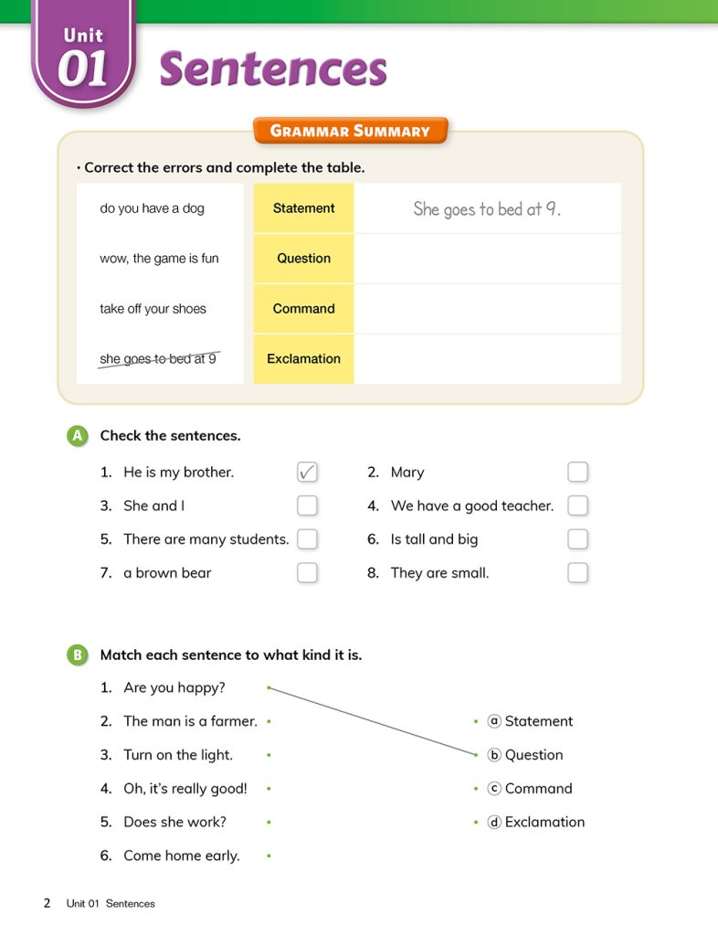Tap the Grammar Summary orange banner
pos(350,131)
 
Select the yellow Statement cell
pos(303,208)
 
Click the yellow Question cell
pos(303,259)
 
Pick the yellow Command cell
pos(303,309)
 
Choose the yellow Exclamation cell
pos(303,359)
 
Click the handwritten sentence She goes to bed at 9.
pos(487,209)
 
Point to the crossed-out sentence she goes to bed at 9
pos(158,359)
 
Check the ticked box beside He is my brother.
pos(307,472)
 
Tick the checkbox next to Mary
pos(577,472)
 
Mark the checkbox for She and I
pos(307,505)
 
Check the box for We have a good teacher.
pos(577,505)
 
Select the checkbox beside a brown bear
pos(307,573)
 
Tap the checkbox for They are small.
pos(577,573)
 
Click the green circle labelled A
pos(78,436)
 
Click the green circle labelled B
pos(78,654)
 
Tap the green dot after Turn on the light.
pos(269,755)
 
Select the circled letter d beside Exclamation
pos(494,822)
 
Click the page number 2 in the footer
pos(47,903)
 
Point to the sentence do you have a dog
pos(152,208)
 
